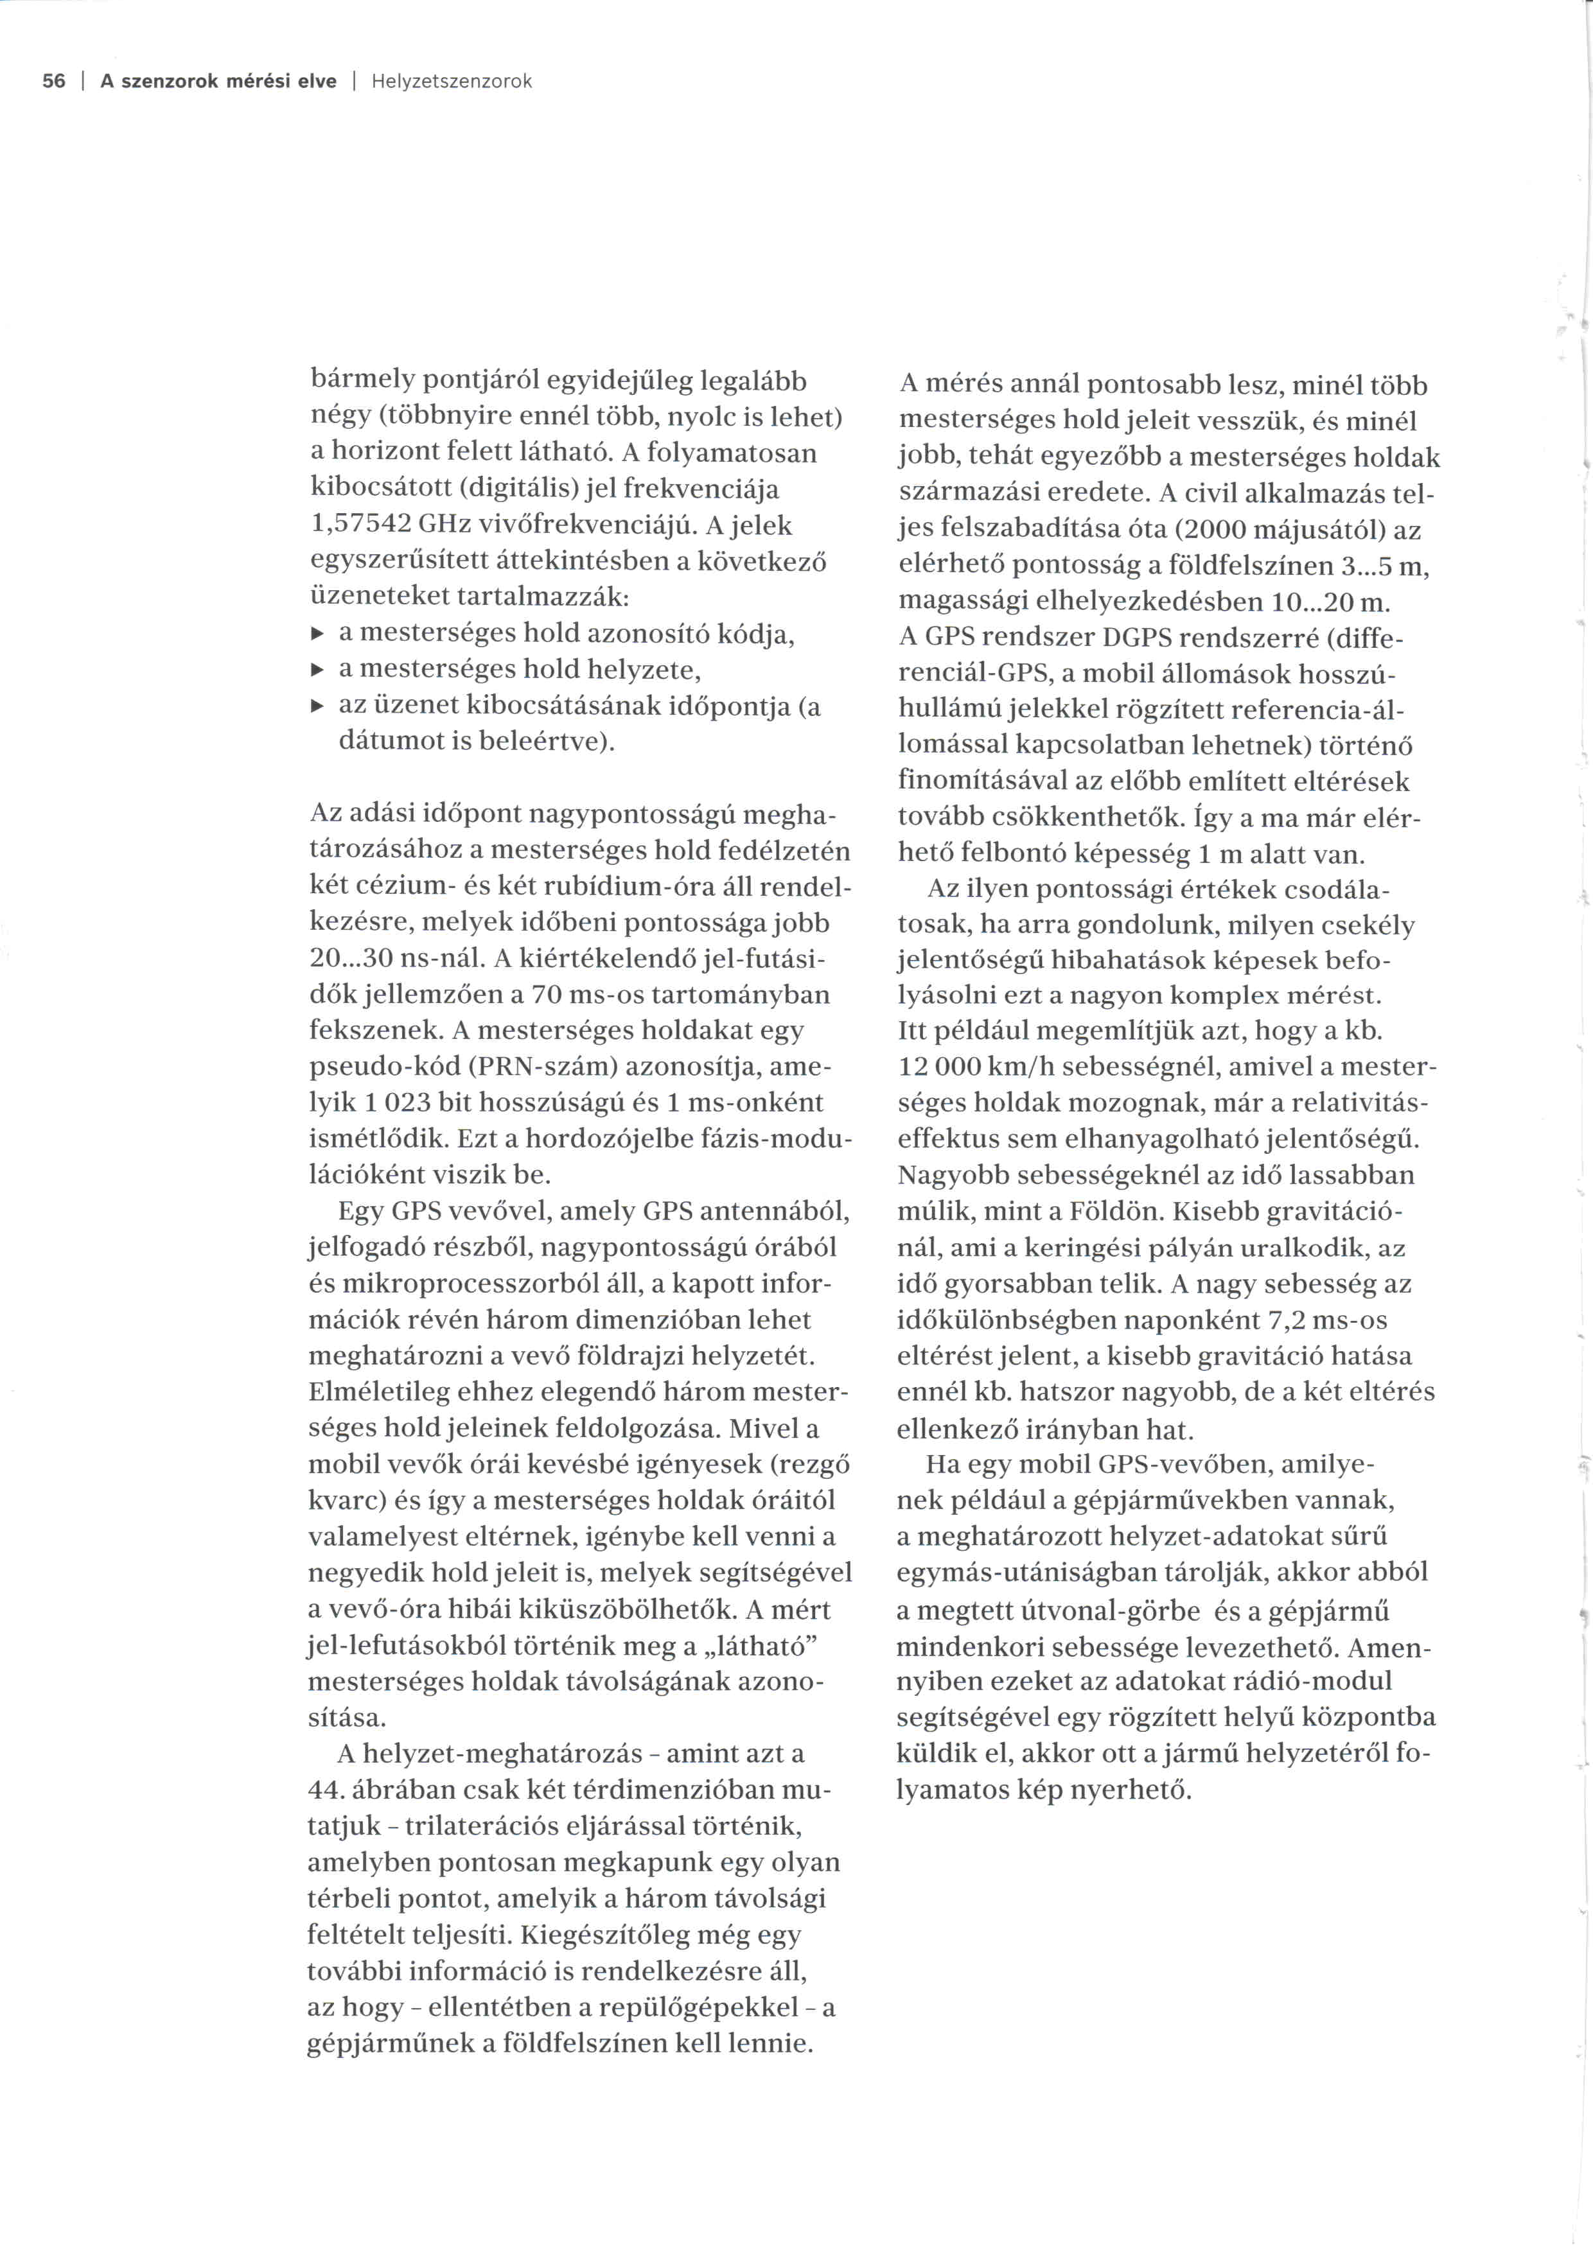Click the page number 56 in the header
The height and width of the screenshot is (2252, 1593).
54,82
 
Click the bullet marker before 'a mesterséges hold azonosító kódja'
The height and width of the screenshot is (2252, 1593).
317,634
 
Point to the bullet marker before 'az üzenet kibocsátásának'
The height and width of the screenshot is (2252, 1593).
317,706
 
